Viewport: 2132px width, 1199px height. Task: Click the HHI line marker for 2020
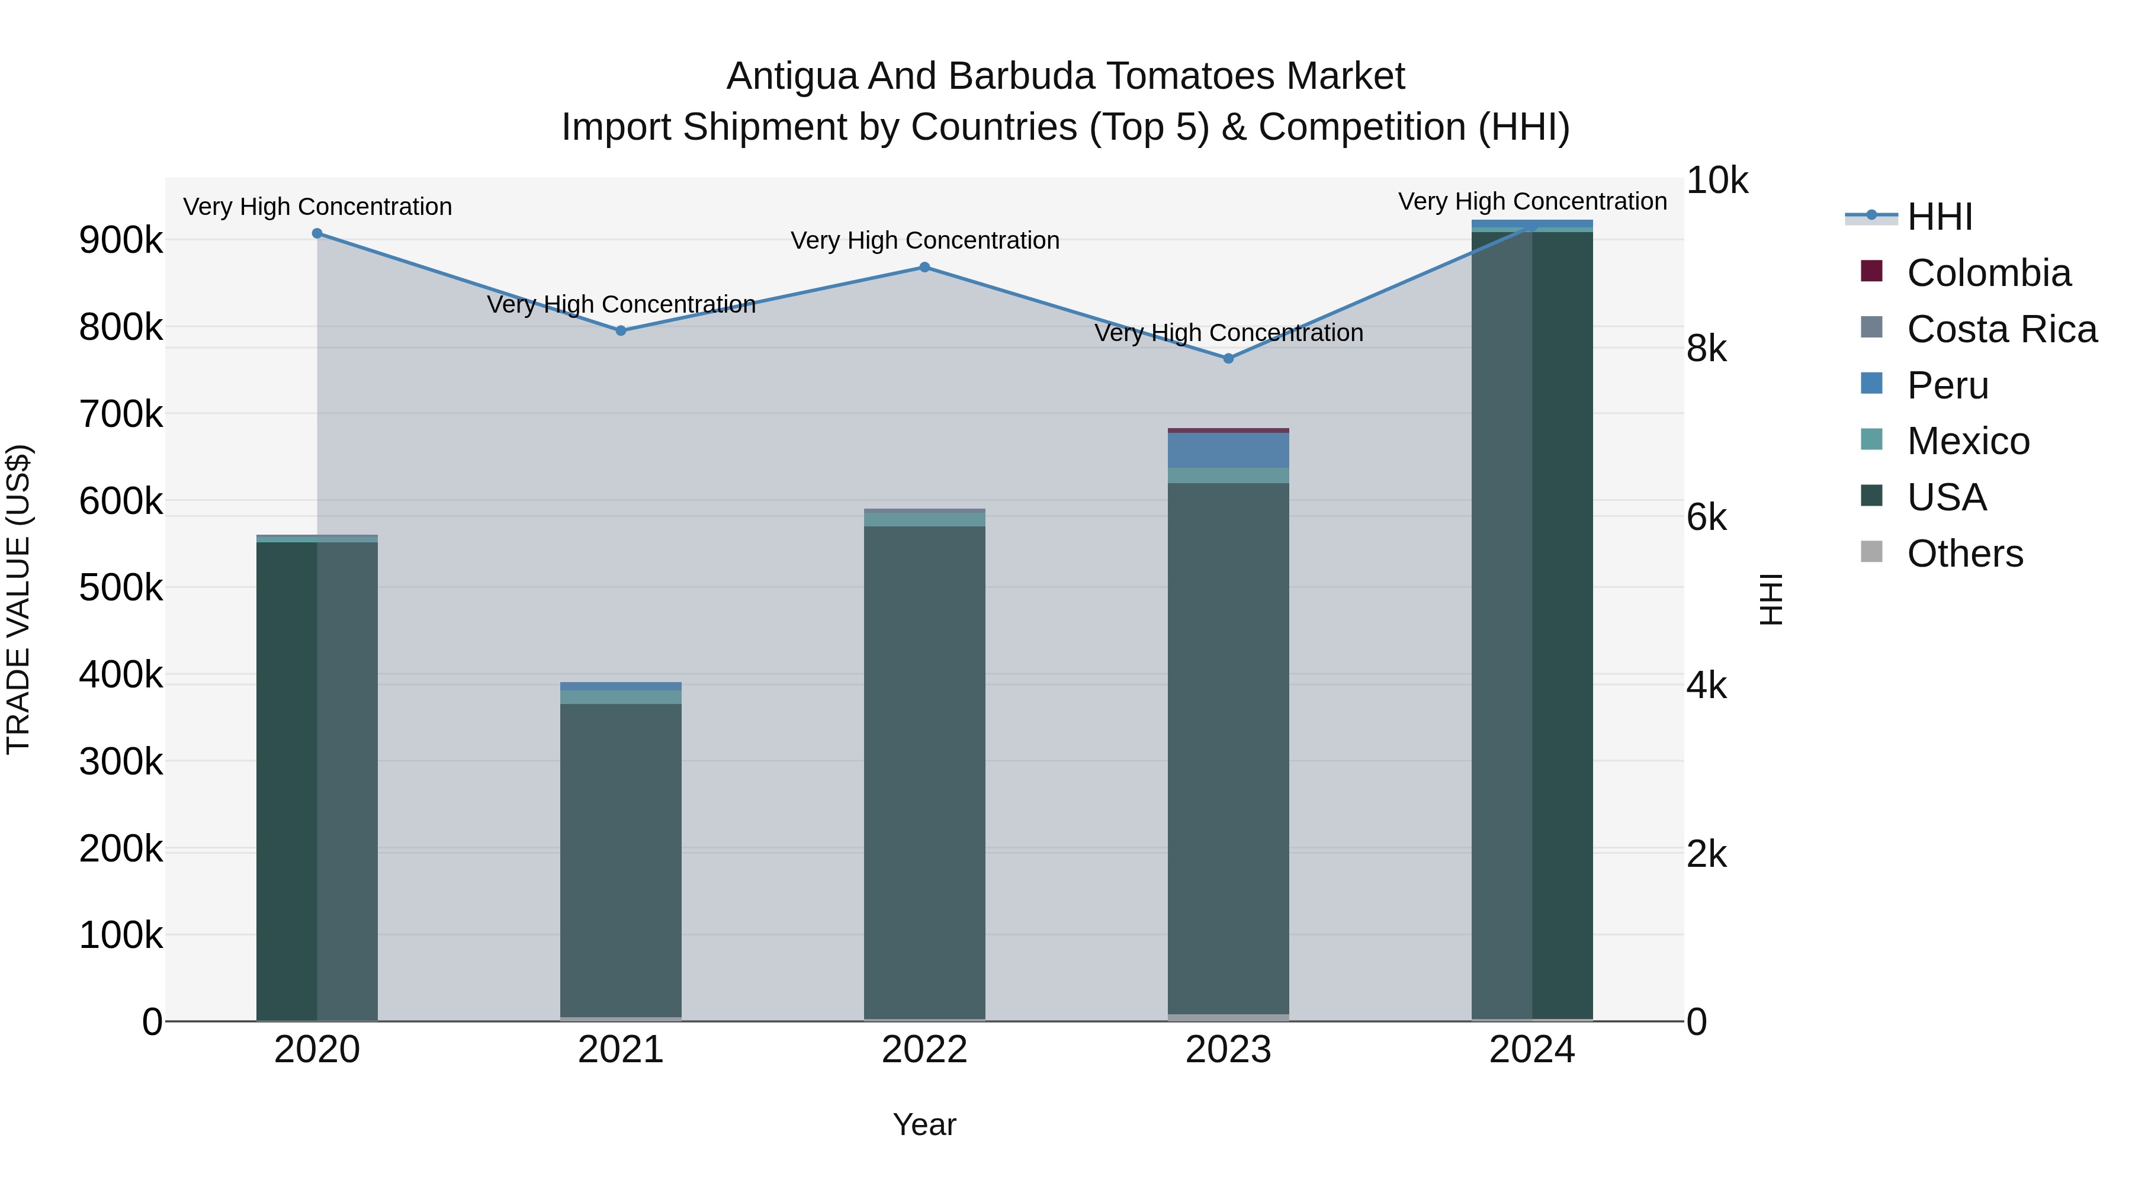tap(317, 233)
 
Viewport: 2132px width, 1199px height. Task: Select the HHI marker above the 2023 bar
tap(1228, 358)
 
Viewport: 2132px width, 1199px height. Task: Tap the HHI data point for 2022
tap(924, 267)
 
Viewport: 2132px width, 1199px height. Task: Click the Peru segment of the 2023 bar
tap(1228, 450)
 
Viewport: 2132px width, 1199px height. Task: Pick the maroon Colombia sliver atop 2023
tap(1228, 430)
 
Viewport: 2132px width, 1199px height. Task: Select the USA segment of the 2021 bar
tap(621, 860)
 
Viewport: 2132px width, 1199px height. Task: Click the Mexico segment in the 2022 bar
tap(924, 519)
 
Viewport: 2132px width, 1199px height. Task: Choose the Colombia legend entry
tap(1988, 273)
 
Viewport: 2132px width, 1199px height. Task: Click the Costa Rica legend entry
tap(2001, 329)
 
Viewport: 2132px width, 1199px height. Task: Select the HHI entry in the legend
tap(1939, 217)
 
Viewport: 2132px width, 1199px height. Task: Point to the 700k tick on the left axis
tap(121, 414)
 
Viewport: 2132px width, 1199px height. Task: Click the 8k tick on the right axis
tap(1707, 349)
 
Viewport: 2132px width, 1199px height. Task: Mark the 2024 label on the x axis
tap(1532, 1050)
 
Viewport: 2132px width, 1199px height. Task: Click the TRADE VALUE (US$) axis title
tap(18, 599)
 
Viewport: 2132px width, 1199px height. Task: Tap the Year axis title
tap(924, 1124)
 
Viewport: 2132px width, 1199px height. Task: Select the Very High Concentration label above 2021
tap(621, 304)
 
